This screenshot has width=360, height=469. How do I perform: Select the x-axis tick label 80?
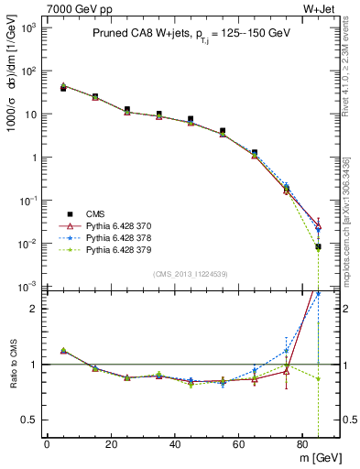pyautogui.click(x=302, y=444)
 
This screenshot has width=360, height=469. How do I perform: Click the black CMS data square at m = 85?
pyautogui.click(x=318, y=246)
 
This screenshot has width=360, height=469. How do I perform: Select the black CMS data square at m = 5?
pyautogui.click(x=63, y=88)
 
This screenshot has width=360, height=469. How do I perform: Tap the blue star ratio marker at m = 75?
pyautogui.click(x=286, y=351)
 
